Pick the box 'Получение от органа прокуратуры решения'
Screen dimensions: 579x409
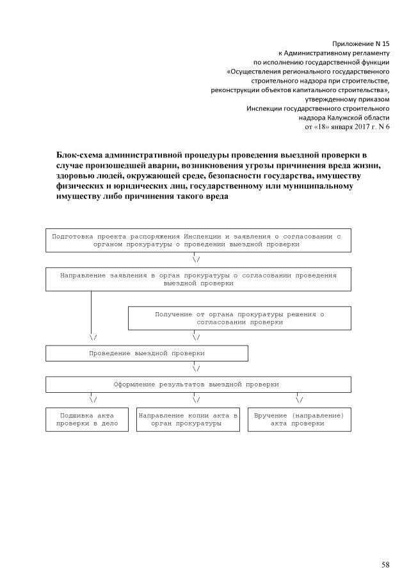(239, 318)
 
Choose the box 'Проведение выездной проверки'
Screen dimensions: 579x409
(147, 353)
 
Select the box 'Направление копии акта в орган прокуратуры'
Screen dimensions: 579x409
(188, 419)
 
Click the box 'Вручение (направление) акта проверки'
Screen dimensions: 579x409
(299, 419)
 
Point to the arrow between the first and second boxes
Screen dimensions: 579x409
(196, 260)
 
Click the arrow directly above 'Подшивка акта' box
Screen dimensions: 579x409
(93, 400)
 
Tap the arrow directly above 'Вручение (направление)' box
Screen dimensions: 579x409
(299, 400)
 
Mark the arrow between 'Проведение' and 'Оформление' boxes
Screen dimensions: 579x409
(196, 369)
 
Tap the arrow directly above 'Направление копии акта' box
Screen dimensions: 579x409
(196, 400)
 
